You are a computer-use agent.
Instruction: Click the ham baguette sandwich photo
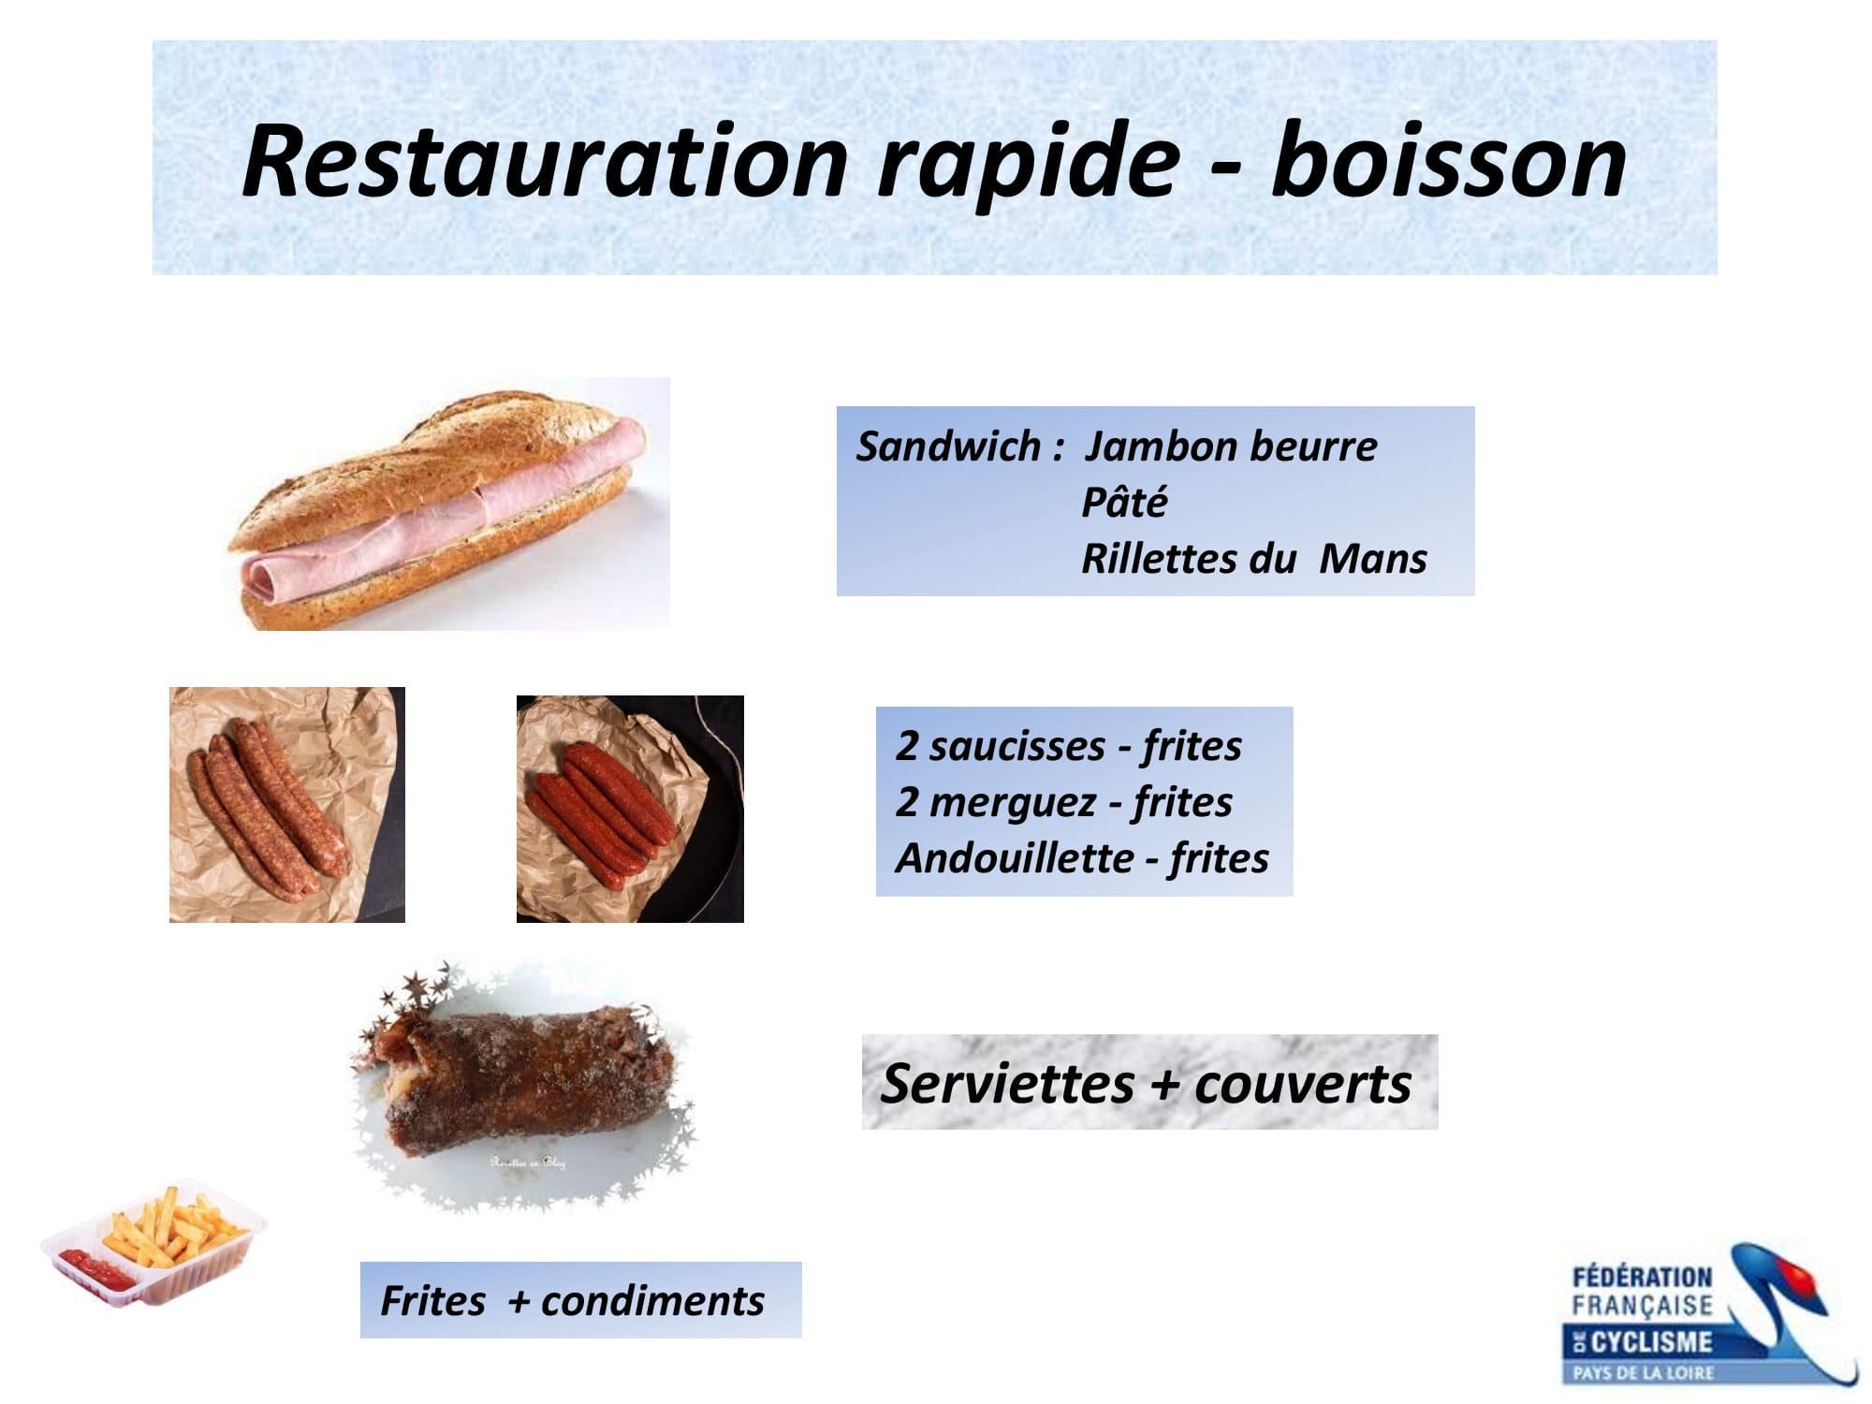[449, 505]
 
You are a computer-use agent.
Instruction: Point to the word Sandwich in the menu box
[947, 446]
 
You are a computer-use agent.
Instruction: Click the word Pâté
[1124, 503]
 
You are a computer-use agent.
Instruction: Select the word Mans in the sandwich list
[1373, 559]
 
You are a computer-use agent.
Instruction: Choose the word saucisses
[1017, 746]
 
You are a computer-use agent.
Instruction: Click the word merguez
[1015, 803]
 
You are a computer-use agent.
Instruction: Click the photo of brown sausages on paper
[287, 805]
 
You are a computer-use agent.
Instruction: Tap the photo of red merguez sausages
[630, 809]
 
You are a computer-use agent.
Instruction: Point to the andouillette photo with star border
[524, 1086]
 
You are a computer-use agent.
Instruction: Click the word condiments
[652, 1301]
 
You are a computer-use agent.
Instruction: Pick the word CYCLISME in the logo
[1650, 1342]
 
